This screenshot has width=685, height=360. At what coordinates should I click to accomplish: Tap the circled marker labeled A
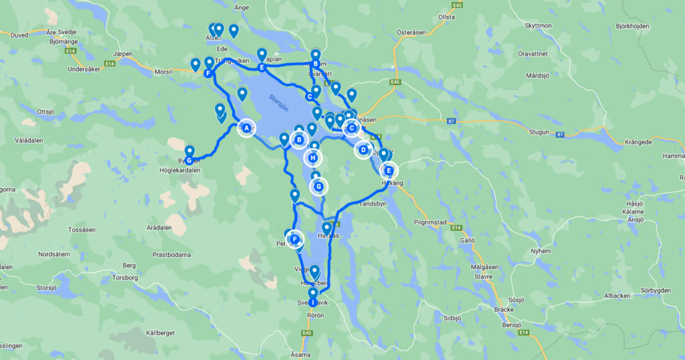(x=246, y=128)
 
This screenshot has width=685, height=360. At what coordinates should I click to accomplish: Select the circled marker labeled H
(x=312, y=158)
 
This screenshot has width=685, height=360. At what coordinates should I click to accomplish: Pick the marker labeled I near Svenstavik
(x=312, y=302)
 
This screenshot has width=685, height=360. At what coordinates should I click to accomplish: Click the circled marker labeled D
(x=363, y=150)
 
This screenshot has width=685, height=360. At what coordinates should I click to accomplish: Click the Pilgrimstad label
(x=433, y=221)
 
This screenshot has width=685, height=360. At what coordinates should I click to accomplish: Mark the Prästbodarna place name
(x=172, y=254)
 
